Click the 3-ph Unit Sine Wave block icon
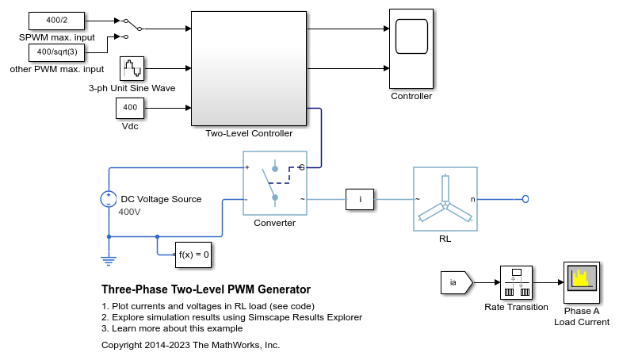tap(132, 69)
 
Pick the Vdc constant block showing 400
tap(130, 108)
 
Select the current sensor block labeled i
tap(361, 199)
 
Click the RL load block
tap(445, 199)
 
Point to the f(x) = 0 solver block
tap(193, 255)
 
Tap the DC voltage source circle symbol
tap(109, 199)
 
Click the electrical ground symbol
tap(109, 258)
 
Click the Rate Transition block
tap(516, 283)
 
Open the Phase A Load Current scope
tap(581, 283)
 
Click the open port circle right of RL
tap(525, 199)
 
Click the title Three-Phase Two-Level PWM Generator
tap(206, 289)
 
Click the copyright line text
tap(190, 345)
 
